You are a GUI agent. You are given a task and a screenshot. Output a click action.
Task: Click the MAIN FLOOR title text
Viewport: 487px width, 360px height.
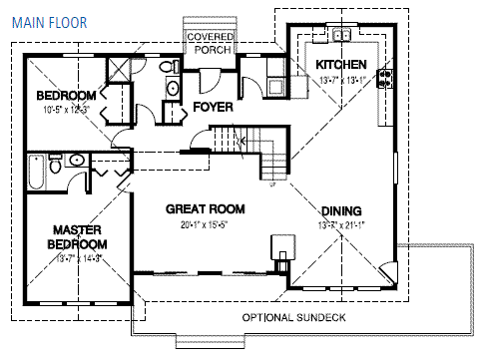pyautogui.click(x=49, y=19)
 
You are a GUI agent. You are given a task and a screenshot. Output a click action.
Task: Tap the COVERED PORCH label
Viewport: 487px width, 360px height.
pyautogui.click(x=211, y=44)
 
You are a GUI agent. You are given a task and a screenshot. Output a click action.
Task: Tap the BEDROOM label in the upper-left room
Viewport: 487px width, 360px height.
pyautogui.click(x=66, y=96)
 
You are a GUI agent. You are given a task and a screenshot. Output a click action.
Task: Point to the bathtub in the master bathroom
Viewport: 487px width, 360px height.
pyautogui.click(x=37, y=176)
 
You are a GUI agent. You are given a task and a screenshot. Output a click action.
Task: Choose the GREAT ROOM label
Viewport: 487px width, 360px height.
pyautogui.click(x=206, y=208)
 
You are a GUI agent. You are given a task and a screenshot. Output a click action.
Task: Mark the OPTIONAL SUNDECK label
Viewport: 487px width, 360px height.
pyautogui.click(x=293, y=317)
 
